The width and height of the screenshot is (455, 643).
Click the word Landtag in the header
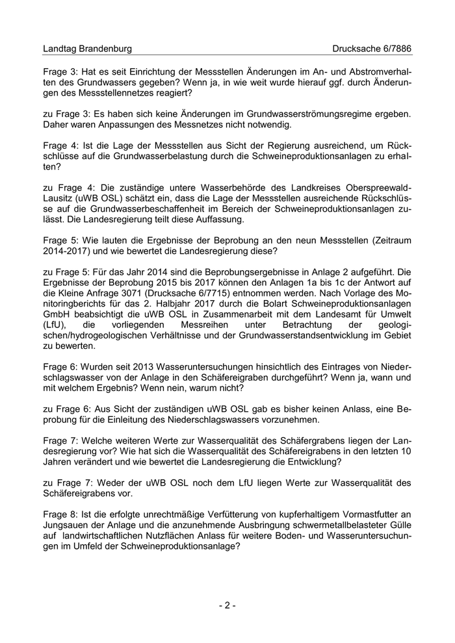[60, 49]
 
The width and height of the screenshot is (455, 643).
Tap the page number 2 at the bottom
[227, 605]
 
